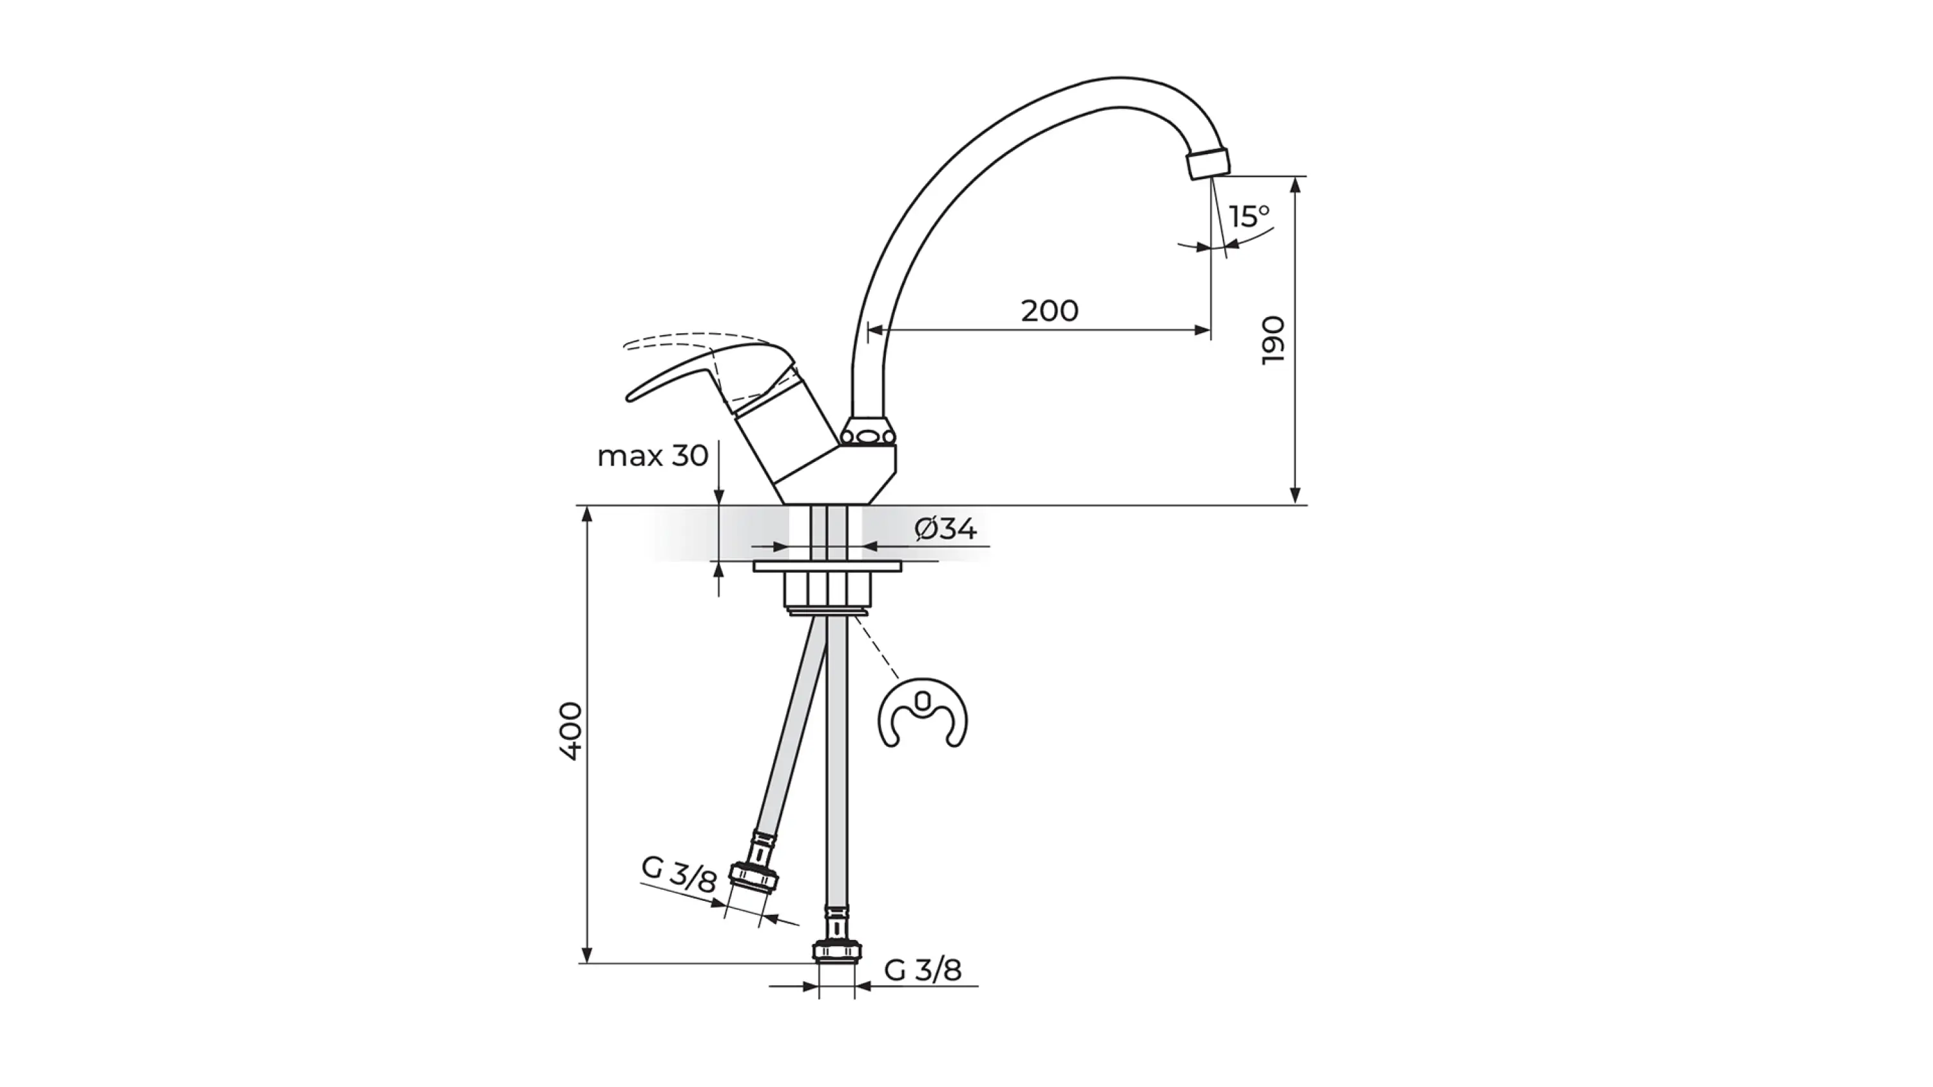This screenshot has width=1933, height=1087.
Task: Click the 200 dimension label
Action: [1049, 310]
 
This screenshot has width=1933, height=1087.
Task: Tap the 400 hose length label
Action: [570, 731]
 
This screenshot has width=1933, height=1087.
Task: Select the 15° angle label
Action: [1249, 216]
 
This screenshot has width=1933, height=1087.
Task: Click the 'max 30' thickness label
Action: [653, 456]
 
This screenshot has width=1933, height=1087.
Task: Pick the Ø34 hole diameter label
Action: [945, 529]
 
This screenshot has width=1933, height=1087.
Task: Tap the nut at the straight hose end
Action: [837, 951]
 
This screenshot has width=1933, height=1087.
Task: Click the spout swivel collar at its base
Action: [868, 434]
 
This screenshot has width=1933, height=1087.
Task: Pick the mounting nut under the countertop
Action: [828, 590]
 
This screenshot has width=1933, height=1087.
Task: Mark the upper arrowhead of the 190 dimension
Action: [1295, 184]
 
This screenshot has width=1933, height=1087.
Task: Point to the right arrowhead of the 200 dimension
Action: [1202, 329]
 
